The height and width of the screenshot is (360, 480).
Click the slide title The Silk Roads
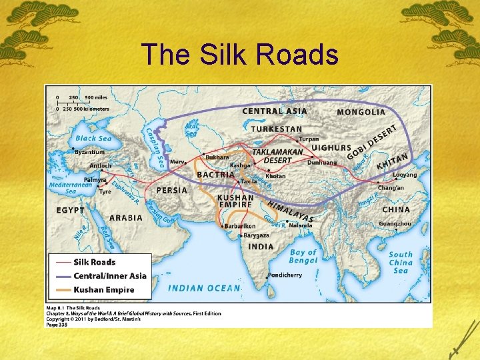coord(240,55)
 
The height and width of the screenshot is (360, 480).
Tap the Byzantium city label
coord(90,152)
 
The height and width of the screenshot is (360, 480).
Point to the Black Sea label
coord(93,138)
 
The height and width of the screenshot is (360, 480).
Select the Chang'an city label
coord(391,189)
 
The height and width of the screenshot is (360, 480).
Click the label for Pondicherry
coord(286,275)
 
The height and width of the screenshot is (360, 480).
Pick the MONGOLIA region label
coord(361,112)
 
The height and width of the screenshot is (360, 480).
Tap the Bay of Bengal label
coord(303,257)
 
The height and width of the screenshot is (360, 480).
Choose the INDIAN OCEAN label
coord(204,288)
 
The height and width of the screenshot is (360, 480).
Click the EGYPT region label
coord(71,210)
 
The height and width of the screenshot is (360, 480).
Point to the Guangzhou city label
coord(395,224)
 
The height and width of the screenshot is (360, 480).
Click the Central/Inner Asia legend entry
coord(110,276)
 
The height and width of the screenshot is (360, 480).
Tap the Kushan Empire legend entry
coord(104,290)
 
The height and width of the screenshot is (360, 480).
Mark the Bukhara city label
coord(217,157)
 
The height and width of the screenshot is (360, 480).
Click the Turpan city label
coord(309,139)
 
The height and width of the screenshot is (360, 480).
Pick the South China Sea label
coord(401,262)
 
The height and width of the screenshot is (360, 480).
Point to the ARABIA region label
coord(126,217)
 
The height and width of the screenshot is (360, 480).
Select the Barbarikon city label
coord(240,226)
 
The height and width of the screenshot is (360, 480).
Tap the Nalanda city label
coord(301,225)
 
